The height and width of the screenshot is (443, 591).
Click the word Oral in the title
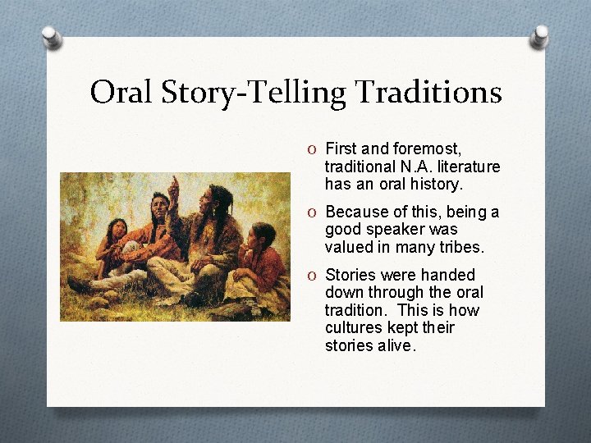coord(120,92)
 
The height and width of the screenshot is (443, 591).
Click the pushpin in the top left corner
coord(52,37)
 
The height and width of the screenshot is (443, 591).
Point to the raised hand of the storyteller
coord(173,187)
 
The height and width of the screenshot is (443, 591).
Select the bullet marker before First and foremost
coord(312,149)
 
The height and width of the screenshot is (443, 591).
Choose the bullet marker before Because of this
coord(312,212)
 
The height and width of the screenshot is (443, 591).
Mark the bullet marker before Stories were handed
coord(312,275)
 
